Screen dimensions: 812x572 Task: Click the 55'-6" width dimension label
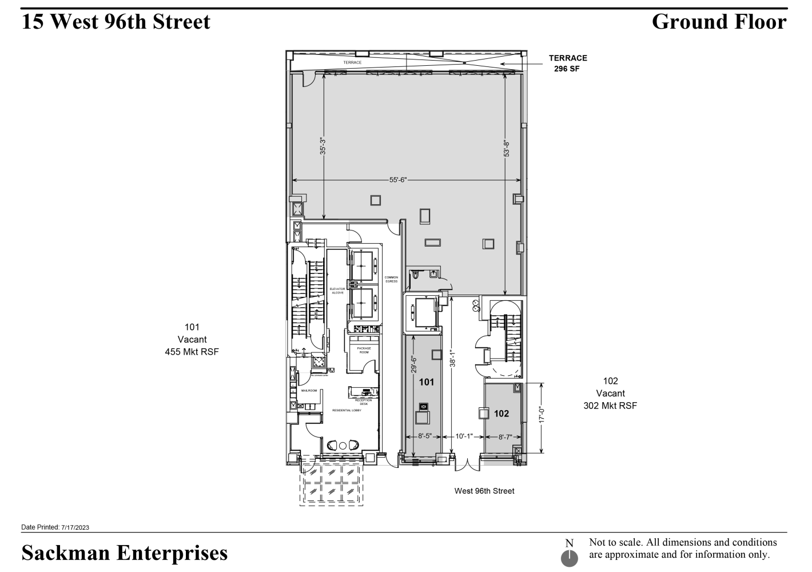pos(397,180)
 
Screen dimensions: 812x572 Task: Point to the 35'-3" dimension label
pos(323,146)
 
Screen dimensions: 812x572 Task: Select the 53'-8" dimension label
pos(506,149)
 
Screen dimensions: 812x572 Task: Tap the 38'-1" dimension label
pos(451,358)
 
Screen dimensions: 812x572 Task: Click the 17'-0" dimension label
pos(541,415)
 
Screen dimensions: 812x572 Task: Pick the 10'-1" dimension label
pos(463,436)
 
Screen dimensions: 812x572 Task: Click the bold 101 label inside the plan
pos(427,382)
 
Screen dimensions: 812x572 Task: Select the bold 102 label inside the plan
pos(501,414)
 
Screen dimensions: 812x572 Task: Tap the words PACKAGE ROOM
pos(364,350)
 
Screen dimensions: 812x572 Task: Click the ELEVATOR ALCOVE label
pos(337,291)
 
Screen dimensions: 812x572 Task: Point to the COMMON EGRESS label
pos(391,279)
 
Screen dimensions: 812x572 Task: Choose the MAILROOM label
pos(309,391)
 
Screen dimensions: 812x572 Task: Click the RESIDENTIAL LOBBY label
pos(347,410)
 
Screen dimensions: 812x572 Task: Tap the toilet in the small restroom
pos(416,275)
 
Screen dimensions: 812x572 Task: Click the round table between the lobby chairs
pos(343,446)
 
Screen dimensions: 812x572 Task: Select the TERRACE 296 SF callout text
pos(568,63)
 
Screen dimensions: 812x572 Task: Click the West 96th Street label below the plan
pos(484,491)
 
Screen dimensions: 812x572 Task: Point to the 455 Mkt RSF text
pos(192,352)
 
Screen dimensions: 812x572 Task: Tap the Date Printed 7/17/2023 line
pos(55,527)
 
